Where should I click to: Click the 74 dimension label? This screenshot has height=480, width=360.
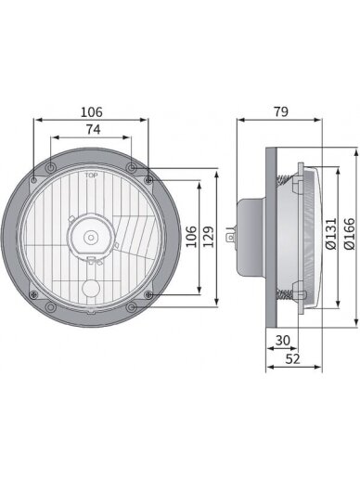(93, 129)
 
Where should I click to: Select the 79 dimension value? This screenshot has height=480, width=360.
(281, 111)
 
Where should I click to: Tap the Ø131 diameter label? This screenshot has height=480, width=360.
(331, 233)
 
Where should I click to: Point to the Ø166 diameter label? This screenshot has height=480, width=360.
(350, 233)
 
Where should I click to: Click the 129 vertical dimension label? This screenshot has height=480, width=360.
(209, 237)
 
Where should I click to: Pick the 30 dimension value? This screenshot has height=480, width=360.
(283, 341)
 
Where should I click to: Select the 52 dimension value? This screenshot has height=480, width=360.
(292, 359)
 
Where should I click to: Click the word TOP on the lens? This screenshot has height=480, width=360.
(91, 175)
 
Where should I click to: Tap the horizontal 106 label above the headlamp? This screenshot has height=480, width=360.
(91, 112)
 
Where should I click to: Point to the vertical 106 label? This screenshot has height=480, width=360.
(191, 237)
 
